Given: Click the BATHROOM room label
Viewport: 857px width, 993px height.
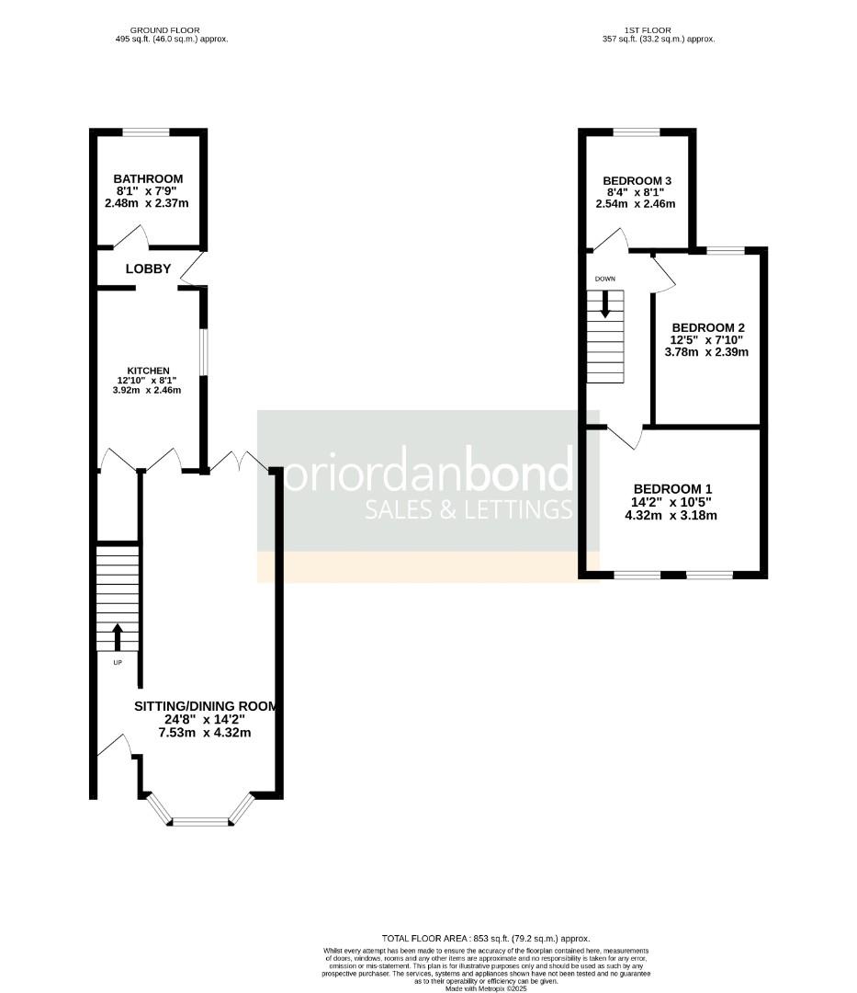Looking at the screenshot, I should [148, 178].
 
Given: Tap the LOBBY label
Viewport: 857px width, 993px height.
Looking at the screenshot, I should [148, 268].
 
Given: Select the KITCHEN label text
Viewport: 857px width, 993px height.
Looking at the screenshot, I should [148, 370].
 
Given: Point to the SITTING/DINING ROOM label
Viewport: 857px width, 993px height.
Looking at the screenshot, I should [206, 706].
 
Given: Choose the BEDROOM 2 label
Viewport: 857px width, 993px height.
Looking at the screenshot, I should [707, 327].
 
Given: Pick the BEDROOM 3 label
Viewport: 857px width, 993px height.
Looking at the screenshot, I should [637, 179].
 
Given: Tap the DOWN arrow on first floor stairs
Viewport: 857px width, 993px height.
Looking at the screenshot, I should [604, 304].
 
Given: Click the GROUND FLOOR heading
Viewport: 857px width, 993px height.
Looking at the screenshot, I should [165, 30].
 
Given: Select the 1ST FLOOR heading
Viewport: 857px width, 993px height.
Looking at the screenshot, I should [659, 30].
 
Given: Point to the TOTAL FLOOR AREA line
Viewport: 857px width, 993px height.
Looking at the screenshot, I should [486, 938].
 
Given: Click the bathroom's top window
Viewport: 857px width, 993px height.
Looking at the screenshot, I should [147, 132].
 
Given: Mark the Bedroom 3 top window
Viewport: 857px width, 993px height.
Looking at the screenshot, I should [637, 132].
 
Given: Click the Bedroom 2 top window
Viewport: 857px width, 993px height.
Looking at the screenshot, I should [725, 250].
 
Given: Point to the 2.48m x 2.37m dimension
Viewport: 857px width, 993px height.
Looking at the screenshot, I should [148, 202].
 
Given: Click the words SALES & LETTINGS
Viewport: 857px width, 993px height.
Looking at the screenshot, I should [468, 509].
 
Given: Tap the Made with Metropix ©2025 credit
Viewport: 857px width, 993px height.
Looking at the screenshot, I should [486, 988].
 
